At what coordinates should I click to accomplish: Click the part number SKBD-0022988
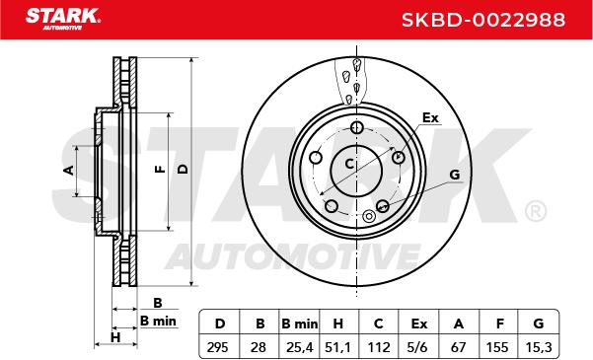483,20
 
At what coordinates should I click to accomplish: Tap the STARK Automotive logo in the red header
63,19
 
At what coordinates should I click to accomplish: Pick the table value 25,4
299,347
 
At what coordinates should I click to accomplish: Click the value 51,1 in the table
338,347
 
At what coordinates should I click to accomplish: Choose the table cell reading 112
379,347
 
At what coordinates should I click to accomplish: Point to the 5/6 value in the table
418,347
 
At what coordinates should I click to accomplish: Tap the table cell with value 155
499,347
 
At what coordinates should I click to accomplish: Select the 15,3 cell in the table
539,347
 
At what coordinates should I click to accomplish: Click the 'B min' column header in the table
300,324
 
